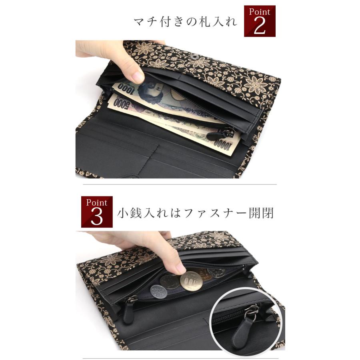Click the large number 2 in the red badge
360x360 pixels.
point(260,26)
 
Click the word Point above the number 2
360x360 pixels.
point(260,12)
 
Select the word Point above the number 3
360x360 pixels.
point(97,202)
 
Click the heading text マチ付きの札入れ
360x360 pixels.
point(186,22)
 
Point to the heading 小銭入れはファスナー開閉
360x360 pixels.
point(196,213)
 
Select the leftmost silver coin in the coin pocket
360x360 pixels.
point(158,291)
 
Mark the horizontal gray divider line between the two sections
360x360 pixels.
point(180,184)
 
